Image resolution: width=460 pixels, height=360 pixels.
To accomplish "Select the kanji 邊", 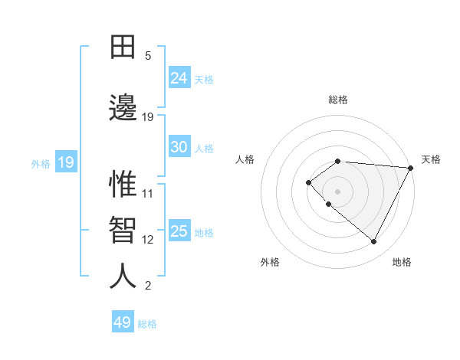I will pyautogui.click(x=123, y=108).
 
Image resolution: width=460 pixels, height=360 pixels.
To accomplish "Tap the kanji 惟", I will pyautogui.click(x=123, y=185).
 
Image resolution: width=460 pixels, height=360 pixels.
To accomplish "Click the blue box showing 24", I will pyautogui.click(x=179, y=78).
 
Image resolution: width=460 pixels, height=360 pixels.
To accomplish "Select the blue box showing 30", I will pyautogui.click(x=179, y=147).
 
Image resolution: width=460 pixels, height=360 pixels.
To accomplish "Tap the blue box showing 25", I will pyautogui.click(x=179, y=231).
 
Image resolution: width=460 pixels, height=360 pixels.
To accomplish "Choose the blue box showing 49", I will pyautogui.click(x=123, y=322).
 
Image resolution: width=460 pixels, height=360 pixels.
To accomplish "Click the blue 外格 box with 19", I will pyautogui.click(x=65, y=162).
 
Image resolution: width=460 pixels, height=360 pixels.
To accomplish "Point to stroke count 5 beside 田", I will pyautogui.click(x=148, y=56).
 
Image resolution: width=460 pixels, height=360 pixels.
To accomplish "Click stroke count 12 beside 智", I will pyautogui.click(x=148, y=240).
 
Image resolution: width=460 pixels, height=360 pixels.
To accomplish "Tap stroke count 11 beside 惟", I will pyautogui.click(x=148, y=193).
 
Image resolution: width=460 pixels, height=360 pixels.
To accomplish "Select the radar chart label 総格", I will pyautogui.click(x=338, y=100).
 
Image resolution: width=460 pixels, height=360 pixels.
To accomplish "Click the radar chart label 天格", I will pyautogui.click(x=431, y=159).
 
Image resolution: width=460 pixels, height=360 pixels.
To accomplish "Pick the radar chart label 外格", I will pyautogui.click(x=270, y=263).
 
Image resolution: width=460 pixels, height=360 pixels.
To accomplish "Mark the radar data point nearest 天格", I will pyautogui.click(x=411, y=168).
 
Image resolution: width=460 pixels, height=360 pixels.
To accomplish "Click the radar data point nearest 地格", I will pyautogui.click(x=373, y=241).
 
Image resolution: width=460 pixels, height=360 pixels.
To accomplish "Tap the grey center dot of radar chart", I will pyautogui.click(x=337, y=191).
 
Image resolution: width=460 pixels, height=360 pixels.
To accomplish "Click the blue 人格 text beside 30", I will pyautogui.click(x=204, y=148).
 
